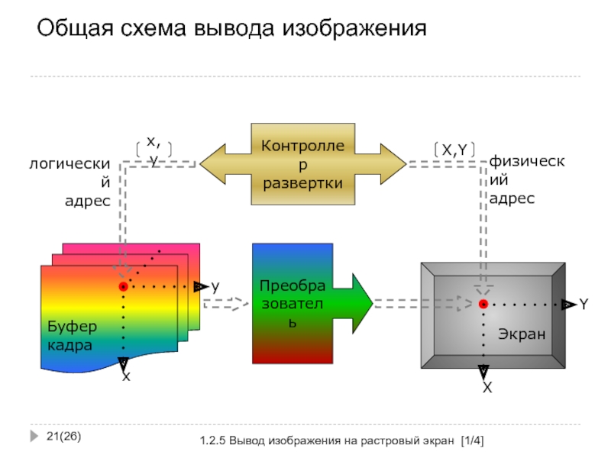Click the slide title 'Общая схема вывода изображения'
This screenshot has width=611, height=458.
point(231,30)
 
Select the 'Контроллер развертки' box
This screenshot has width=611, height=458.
point(302,163)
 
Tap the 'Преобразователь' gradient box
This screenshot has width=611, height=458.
point(293,304)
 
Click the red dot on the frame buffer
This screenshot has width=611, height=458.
point(123,286)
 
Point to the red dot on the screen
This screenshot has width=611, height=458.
point(483,305)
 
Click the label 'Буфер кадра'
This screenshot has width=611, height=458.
point(70,336)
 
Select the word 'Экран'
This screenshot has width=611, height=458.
point(522,334)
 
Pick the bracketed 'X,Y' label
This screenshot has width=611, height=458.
point(454,150)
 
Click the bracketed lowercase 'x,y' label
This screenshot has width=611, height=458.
point(153,150)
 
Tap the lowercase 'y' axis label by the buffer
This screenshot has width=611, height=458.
point(215,286)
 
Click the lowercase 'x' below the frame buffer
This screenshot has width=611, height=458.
point(126,377)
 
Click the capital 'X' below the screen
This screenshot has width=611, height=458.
point(486,389)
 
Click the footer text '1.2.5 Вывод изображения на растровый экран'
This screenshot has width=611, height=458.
point(325,442)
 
